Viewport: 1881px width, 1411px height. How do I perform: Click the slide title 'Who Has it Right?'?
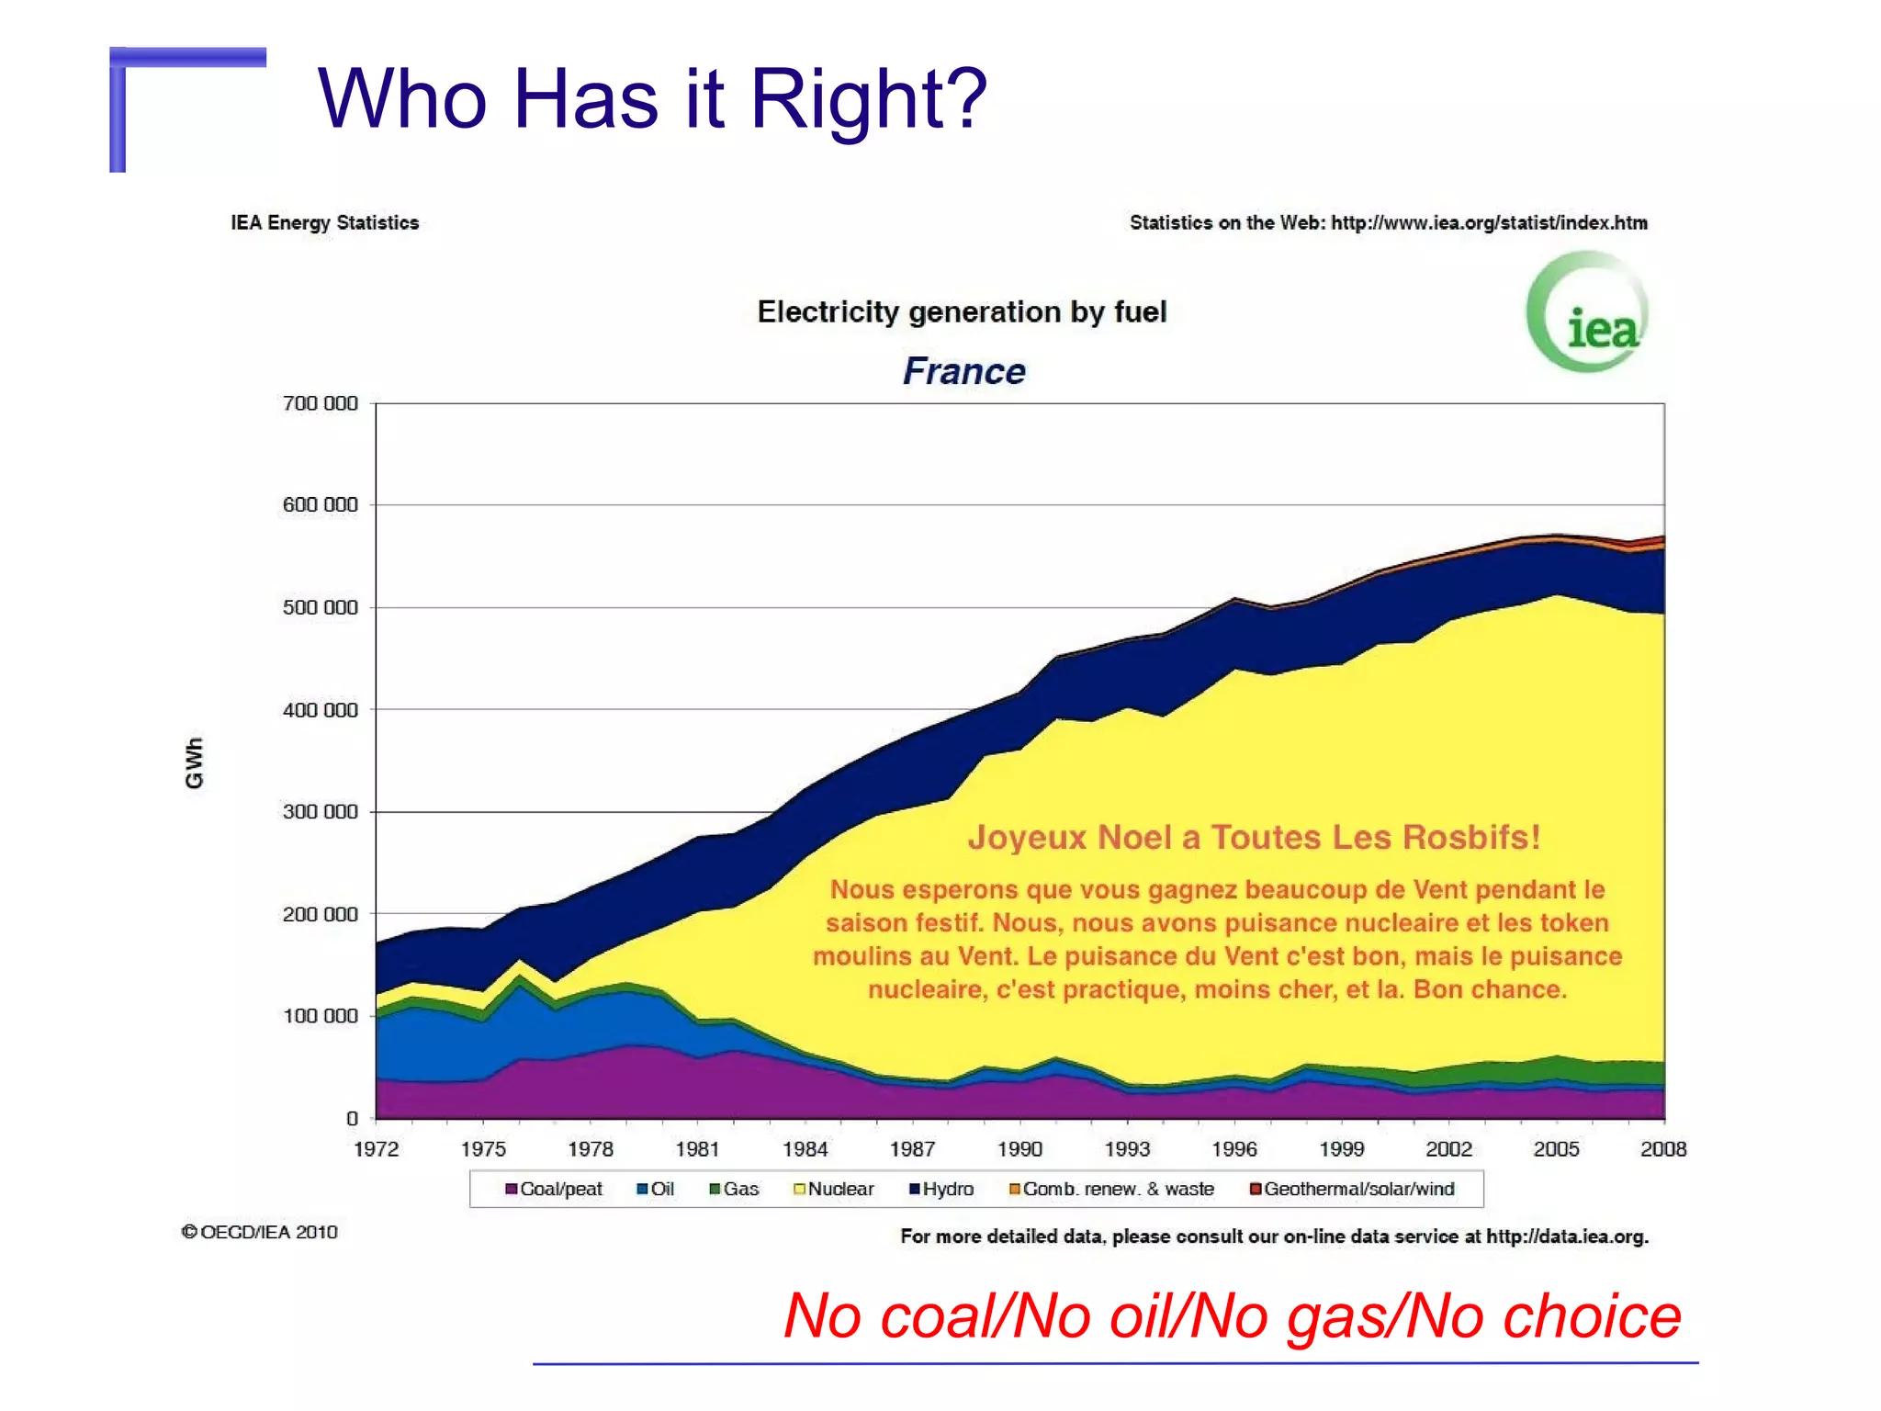click(x=652, y=98)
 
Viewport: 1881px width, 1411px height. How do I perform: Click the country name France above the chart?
click(x=963, y=371)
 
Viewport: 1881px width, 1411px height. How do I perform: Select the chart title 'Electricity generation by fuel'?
click(x=962, y=312)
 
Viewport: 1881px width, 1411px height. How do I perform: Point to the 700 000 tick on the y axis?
click(x=320, y=403)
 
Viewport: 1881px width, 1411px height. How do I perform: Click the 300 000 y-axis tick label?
click(x=320, y=812)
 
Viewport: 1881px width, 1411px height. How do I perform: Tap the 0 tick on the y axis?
click(x=352, y=1119)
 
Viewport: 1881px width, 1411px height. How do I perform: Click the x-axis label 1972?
click(x=377, y=1149)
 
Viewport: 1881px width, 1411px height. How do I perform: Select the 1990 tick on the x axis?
click(x=1019, y=1149)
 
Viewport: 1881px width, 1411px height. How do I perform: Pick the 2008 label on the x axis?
click(x=1663, y=1149)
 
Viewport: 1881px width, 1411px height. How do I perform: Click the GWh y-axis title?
click(x=194, y=762)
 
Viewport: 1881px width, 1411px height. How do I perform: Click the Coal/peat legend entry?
click(x=554, y=1189)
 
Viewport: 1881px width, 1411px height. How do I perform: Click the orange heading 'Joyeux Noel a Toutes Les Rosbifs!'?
click(x=1254, y=837)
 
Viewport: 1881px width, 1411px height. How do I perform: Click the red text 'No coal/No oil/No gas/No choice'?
click(x=1232, y=1316)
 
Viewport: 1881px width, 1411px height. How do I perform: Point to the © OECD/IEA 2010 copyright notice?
click(x=260, y=1232)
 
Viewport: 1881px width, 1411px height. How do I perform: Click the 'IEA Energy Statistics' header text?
click(x=324, y=222)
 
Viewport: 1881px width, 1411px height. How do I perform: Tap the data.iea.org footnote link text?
click(x=1566, y=1236)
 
